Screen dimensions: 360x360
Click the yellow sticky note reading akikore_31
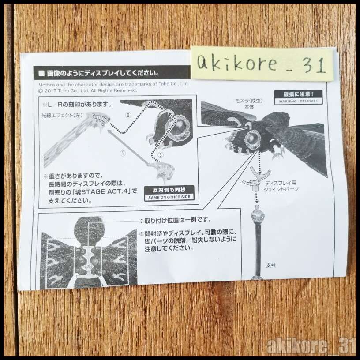point(262,64)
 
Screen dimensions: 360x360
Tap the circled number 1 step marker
point(123,154)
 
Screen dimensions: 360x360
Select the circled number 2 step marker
point(128,115)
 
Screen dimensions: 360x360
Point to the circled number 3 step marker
point(161,155)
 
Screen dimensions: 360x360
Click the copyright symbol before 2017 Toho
point(41,91)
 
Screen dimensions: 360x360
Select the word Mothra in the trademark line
point(45,84)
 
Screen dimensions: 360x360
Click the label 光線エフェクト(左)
point(62,115)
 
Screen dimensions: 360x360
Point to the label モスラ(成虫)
point(249,101)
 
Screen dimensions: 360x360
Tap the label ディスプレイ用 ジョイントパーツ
point(281,186)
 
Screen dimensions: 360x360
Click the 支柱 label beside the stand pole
point(271,266)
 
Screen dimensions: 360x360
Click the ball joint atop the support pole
point(257,215)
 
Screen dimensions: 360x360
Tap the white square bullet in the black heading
point(41,74)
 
